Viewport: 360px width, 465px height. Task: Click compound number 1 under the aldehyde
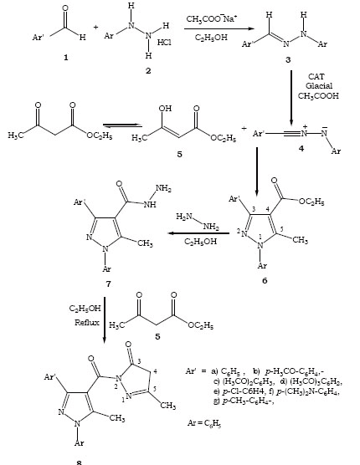tap(65, 57)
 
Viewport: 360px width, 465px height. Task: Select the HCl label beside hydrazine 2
tap(164, 43)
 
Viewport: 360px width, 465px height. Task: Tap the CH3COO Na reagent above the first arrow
tap(211, 19)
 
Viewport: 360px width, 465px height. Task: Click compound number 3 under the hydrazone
tap(288, 60)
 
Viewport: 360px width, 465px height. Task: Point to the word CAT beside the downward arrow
tap(316, 76)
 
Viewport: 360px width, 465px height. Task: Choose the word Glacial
tap(319, 86)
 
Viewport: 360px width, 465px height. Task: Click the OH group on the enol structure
tap(165, 108)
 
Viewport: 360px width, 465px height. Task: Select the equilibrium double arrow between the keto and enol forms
tap(122, 125)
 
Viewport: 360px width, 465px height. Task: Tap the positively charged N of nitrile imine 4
tap(305, 133)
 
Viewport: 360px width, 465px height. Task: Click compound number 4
tap(301, 148)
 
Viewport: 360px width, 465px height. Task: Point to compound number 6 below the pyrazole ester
tap(265, 280)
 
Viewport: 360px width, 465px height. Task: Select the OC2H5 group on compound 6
tap(311, 202)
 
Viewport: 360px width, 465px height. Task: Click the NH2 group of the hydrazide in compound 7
tap(163, 189)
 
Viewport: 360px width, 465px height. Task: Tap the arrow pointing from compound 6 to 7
tap(198, 233)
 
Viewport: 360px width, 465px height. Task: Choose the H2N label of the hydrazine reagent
tap(183, 217)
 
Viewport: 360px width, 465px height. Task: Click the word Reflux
tap(87, 322)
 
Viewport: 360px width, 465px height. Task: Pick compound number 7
tap(108, 284)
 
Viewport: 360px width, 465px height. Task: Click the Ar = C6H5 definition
tap(204, 423)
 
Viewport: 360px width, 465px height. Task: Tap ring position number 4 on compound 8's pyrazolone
tap(155, 371)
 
